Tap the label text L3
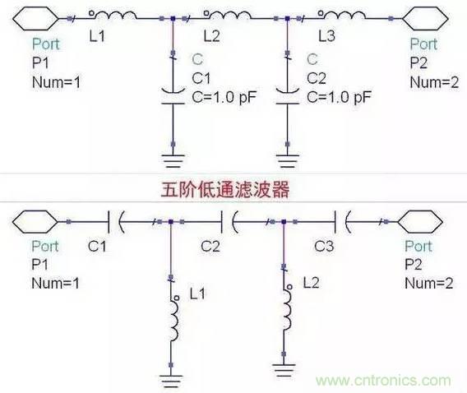click(326, 38)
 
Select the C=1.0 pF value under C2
click(339, 96)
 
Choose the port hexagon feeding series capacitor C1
click(36, 220)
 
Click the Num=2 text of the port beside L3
click(429, 82)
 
